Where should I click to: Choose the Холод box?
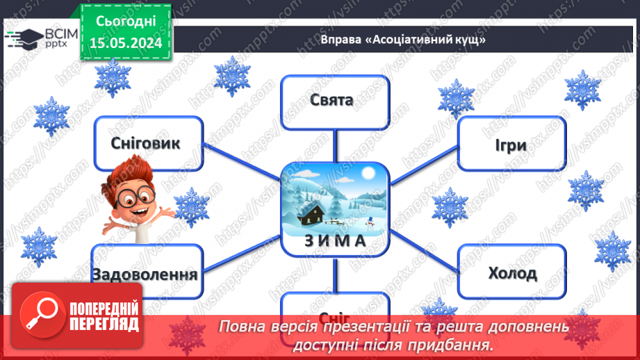click(x=512, y=272)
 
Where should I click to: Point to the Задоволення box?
click(x=144, y=273)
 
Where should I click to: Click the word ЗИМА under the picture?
click(x=334, y=240)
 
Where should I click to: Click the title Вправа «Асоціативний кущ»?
click(x=402, y=39)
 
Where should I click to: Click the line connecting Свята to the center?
click(x=335, y=146)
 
